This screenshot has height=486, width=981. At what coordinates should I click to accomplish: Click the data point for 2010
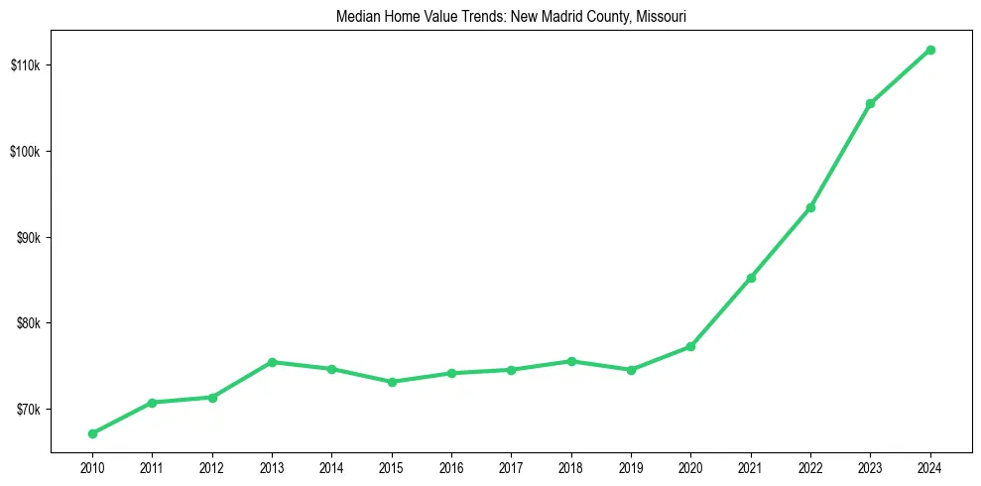(92, 433)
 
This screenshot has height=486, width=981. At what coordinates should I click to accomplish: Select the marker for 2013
(272, 362)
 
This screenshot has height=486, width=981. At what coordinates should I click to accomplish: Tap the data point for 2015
(392, 382)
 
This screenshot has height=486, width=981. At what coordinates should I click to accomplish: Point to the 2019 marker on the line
(631, 370)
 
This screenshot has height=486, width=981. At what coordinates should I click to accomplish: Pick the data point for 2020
(690, 346)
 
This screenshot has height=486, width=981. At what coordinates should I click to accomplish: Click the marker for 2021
(751, 278)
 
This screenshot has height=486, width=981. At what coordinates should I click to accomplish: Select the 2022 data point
(810, 207)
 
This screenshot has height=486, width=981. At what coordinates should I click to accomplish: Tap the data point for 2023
(870, 103)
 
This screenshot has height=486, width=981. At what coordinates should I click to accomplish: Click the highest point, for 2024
(930, 50)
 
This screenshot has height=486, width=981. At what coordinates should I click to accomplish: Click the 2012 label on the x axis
(212, 466)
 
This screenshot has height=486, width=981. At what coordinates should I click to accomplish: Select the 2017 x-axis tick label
(511, 466)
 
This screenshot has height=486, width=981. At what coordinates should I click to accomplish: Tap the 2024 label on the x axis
(930, 466)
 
